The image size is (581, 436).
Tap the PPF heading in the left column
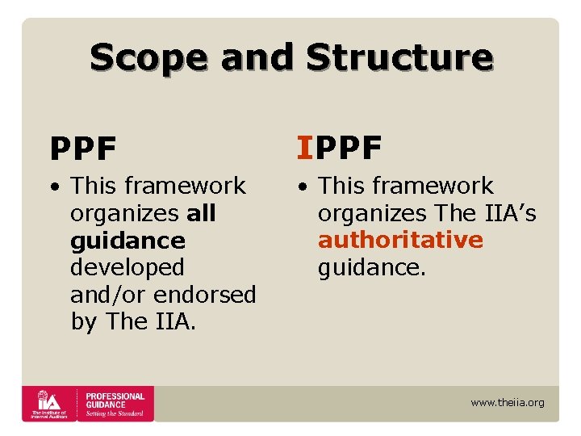click(x=83, y=149)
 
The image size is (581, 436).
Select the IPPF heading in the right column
click(x=339, y=148)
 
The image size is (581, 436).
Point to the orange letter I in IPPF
click(x=303, y=148)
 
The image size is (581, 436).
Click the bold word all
click(x=201, y=213)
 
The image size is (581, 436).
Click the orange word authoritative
click(x=400, y=240)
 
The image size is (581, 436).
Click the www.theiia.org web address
click(x=507, y=402)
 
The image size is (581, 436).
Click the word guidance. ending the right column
click(x=371, y=267)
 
